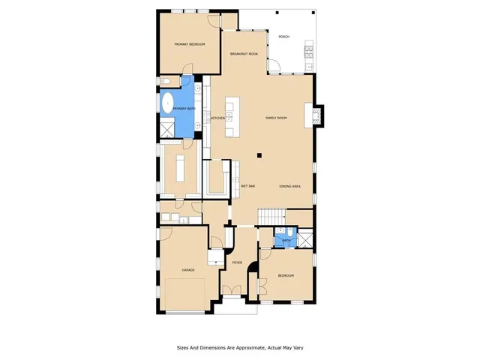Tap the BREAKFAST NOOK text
coord(244,54)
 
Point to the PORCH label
coord(283,36)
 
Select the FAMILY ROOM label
coord(277,118)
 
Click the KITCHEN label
coord(218,118)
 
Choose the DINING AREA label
coord(290,185)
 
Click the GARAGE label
coord(187,269)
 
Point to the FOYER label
coord(237,262)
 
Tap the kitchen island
coord(232,116)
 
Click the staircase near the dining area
coord(271,216)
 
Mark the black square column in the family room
coord(259,155)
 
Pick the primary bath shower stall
coord(164,129)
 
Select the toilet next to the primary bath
coord(167,80)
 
